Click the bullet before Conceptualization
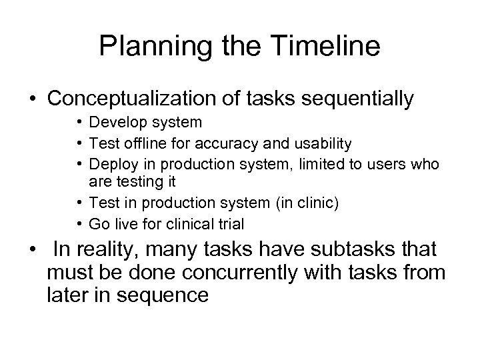click(x=33, y=99)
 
